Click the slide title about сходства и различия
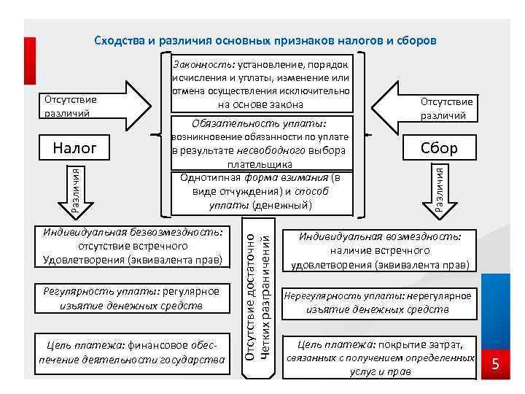265,40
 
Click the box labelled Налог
75,148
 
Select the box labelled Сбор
439,148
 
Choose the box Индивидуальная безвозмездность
133,246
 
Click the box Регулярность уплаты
133,298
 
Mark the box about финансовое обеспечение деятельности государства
133,352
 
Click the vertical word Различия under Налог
75,189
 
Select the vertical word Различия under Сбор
439,189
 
